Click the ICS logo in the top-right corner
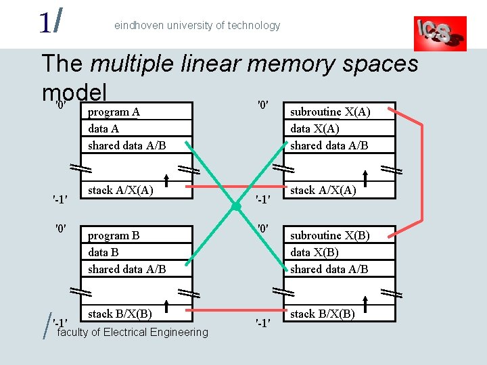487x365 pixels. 440,33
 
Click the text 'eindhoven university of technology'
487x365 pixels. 197,26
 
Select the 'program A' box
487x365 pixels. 136,112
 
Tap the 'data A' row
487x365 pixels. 136,128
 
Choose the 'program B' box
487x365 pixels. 136,235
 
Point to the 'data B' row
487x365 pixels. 136,252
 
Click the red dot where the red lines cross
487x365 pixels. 237,205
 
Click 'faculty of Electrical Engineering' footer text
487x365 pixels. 133,333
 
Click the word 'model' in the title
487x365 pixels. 74,91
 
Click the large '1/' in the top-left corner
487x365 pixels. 51,23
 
